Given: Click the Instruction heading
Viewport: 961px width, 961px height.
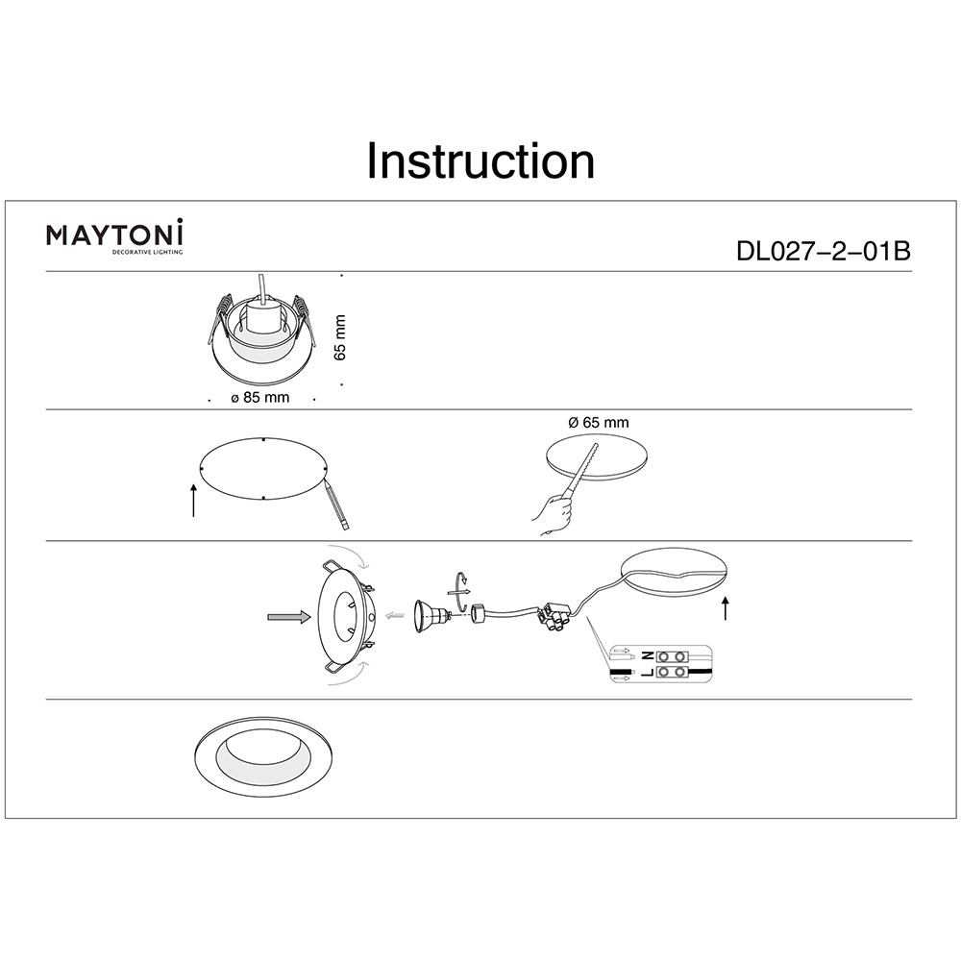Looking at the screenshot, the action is pos(480,161).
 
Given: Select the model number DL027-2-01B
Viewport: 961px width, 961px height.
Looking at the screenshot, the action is pos(824,251).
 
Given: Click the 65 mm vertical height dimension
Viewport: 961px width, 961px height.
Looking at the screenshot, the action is pos(341,337).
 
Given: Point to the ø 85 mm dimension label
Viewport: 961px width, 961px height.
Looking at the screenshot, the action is pos(259,397).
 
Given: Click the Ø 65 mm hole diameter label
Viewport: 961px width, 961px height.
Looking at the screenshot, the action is pos(598,422).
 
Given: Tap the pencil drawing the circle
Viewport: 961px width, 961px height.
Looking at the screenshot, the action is pos(335,505).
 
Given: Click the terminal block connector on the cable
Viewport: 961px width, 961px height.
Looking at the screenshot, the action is pos(554,617).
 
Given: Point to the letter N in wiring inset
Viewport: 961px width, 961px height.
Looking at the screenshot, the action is pos(648,656).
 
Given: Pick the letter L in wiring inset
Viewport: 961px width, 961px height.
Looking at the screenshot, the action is pos(648,673).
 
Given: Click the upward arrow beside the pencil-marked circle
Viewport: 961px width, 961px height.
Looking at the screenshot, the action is pos(194,500).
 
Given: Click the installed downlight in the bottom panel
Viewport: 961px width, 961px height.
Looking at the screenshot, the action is pos(264,757).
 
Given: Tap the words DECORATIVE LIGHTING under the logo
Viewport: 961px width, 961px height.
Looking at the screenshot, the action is pos(146,252).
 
